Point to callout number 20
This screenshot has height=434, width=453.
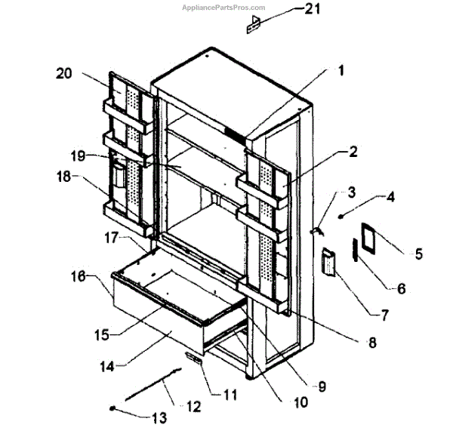(63, 73)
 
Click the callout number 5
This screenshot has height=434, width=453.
(418, 254)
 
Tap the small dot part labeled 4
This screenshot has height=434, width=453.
(341, 216)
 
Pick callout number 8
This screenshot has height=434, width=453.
(371, 342)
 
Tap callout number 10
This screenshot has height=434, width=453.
(300, 402)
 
